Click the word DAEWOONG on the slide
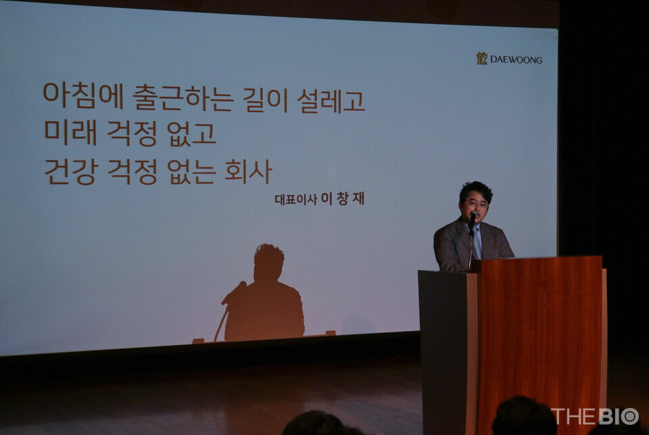click(516, 59)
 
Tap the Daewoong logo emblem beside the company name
click(481, 59)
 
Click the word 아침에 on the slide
click(82, 97)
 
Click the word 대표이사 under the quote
click(295, 199)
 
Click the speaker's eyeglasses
click(477, 203)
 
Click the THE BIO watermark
click(595, 416)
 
